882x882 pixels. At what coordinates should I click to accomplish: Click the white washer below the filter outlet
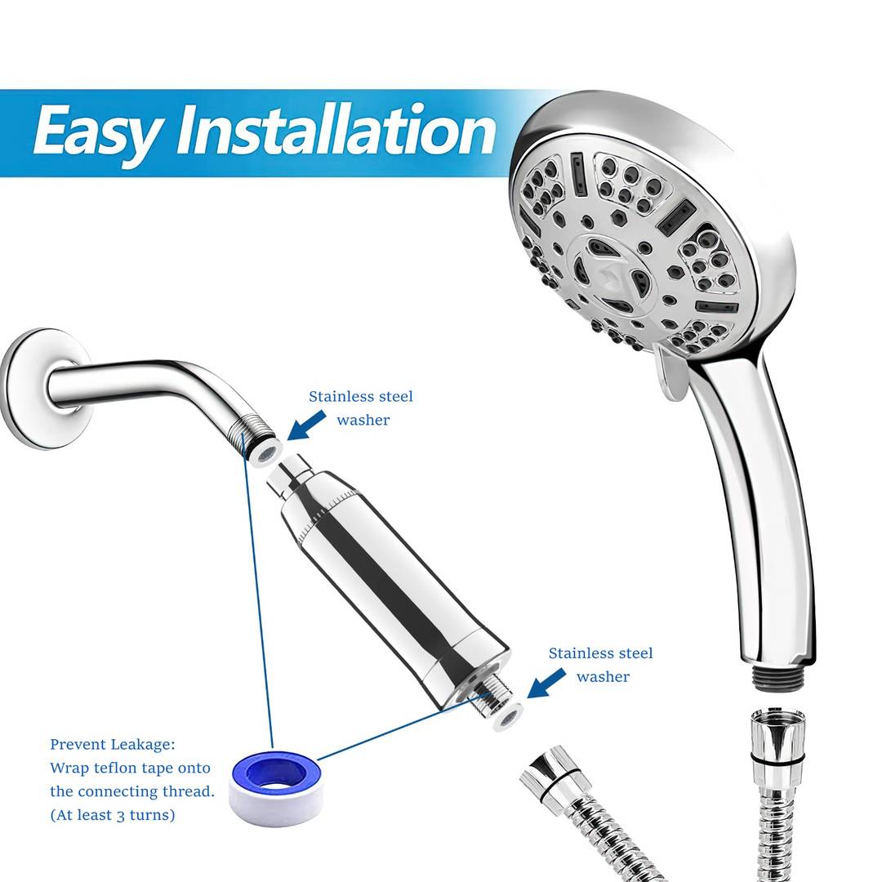(x=509, y=717)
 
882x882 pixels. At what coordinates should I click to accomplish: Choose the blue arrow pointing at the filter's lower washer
(x=546, y=683)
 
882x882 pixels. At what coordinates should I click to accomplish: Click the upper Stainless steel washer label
(x=361, y=408)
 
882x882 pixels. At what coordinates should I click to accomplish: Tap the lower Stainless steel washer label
(x=601, y=664)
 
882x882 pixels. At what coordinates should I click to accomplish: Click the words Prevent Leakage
(x=113, y=745)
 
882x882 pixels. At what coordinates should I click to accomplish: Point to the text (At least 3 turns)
(x=113, y=815)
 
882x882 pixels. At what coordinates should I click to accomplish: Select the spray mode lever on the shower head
(x=670, y=373)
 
